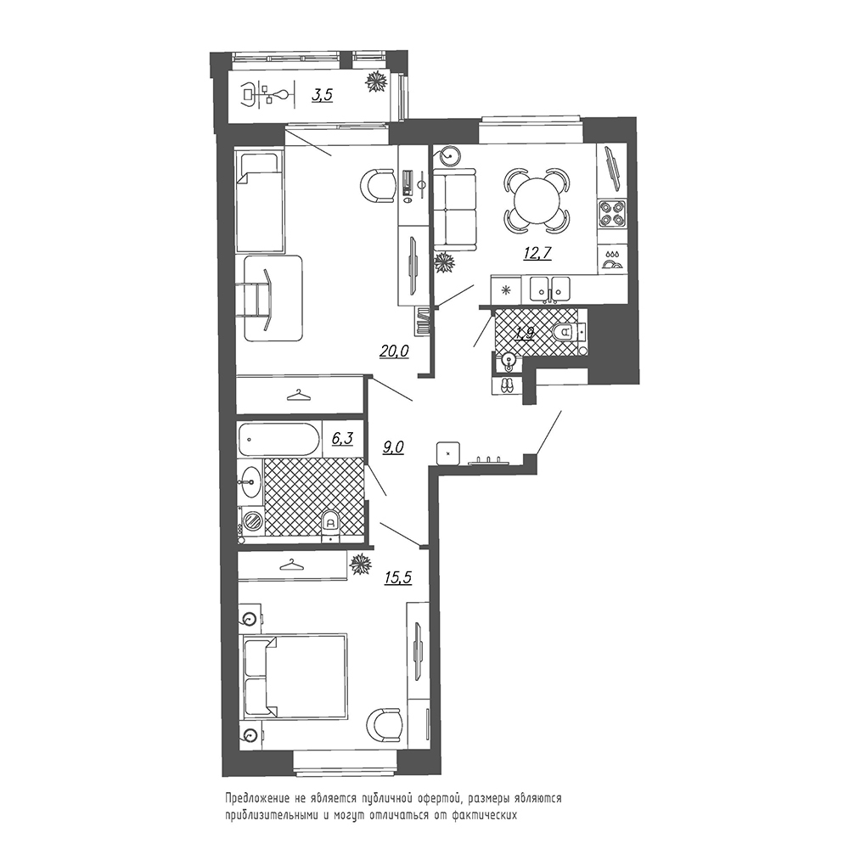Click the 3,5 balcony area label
(x=322, y=96)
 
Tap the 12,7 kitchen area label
(x=537, y=253)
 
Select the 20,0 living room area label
(x=394, y=352)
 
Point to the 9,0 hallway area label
(x=394, y=447)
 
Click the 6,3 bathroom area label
(x=342, y=438)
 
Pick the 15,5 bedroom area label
(x=398, y=577)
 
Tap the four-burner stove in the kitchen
(x=612, y=213)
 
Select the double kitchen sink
(x=550, y=290)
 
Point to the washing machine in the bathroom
(x=252, y=522)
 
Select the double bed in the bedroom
(x=295, y=678)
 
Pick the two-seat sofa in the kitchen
(x=455, y=211)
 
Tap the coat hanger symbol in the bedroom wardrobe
(x=292, y=565)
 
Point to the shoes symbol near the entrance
(x=508, y=385)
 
